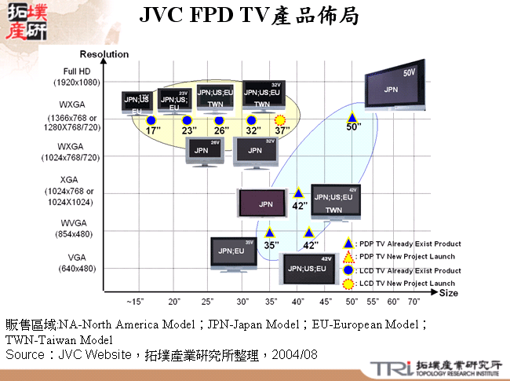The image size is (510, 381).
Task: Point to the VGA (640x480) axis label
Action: (77, 263)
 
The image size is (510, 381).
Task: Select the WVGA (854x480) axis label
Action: (77, 228)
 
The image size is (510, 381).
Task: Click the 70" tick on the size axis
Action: (413, 301)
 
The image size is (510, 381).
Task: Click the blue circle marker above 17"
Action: (151, 120)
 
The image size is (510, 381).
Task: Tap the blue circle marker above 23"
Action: (188, 120)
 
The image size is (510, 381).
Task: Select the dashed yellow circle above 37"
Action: (280, 120)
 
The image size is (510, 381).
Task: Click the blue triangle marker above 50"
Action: (352, 118)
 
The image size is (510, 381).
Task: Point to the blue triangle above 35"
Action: (269, 233)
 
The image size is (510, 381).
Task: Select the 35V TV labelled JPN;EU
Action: (233, 254)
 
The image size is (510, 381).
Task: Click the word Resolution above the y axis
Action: (104, 53)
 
